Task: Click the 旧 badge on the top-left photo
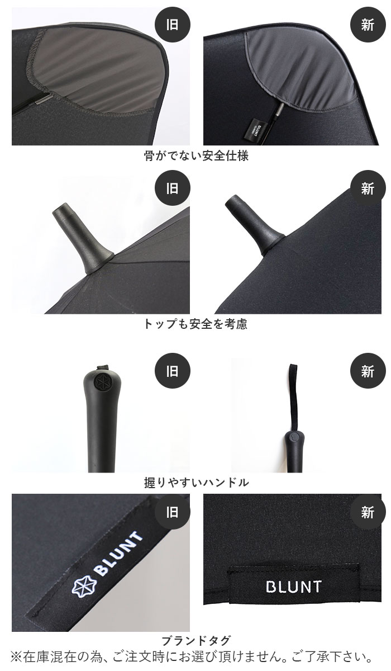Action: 173,26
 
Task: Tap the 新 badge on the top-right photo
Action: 367,26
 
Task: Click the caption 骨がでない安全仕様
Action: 196,156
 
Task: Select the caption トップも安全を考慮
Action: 195,324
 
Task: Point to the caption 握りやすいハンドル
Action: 196,482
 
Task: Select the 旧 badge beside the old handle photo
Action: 173,371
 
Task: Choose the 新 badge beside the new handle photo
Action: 367,371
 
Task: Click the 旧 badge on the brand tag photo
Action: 173,512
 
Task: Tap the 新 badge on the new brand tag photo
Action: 367,512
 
